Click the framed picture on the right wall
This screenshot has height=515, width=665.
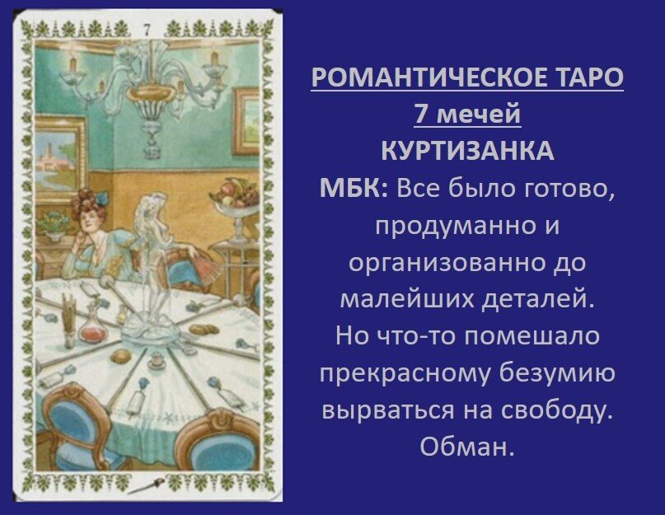pos(247,120)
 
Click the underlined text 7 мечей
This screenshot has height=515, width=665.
pos(466,115)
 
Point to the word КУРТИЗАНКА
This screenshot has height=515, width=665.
pos(466,152)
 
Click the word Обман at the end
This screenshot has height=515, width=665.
pos(466,447)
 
